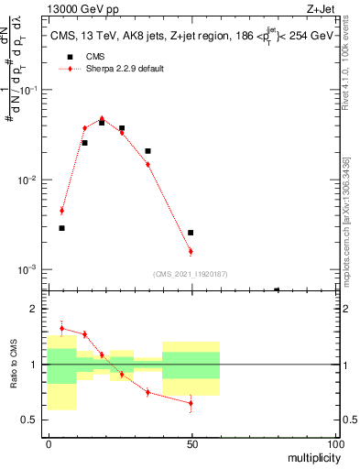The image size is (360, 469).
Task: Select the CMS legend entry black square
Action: (65, 57)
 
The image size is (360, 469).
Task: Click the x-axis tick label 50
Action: (191, 443)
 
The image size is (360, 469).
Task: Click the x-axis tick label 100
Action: (335, 443)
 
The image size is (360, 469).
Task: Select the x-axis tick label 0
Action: (48, 443)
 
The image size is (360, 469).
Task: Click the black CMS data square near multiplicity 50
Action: (191, 233)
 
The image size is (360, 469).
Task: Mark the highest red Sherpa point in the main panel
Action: (102, 118)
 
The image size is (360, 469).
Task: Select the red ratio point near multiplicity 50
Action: (191, 403)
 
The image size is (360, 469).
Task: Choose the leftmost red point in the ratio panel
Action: (61, 328)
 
